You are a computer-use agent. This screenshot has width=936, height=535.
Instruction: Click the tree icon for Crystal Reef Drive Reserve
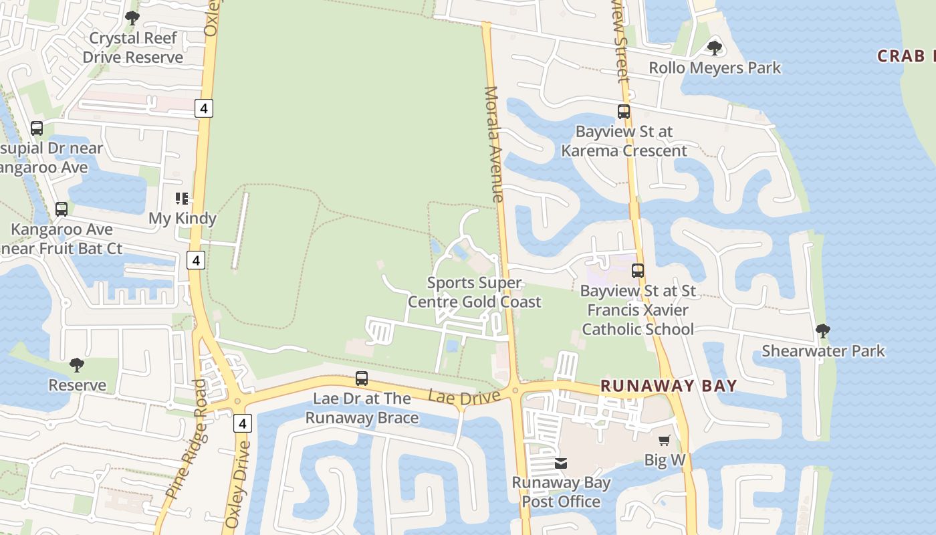tap(132, 18)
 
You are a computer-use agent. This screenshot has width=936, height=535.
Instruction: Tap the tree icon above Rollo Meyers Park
tap(715, 48)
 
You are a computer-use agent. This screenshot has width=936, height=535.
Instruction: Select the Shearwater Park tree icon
tap(823, 331)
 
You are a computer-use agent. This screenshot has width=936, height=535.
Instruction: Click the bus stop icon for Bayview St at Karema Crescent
tap(624, 112)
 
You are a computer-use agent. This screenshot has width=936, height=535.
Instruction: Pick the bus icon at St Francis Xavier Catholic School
tap(638, 271)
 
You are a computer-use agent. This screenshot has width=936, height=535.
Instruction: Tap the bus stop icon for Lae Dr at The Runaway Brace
tap(362, 379)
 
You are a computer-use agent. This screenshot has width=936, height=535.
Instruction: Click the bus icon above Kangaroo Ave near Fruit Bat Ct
tap(62, 209)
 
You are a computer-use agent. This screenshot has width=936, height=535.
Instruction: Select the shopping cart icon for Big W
tap(664, 440)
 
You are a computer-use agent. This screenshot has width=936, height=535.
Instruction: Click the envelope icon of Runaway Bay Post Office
tap(561, 463)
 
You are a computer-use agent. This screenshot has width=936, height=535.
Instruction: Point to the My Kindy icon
tap(182, 198)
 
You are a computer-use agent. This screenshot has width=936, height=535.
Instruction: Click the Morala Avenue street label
tap(495, 144)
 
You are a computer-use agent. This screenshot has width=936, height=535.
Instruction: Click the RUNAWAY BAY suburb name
tap(669, 386)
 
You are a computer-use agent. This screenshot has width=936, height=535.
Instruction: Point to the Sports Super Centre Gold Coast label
tap(474, 292)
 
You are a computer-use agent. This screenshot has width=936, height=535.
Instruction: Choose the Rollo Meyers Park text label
tap(715, 68)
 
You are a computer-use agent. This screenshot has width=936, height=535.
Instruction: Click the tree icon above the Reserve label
tap(77, 365)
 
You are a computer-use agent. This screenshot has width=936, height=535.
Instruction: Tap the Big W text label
tap(665, 460)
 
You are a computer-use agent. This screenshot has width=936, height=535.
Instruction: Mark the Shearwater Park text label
tap(823, 351)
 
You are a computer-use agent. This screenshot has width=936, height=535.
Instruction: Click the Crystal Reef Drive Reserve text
tap(132, 47)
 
